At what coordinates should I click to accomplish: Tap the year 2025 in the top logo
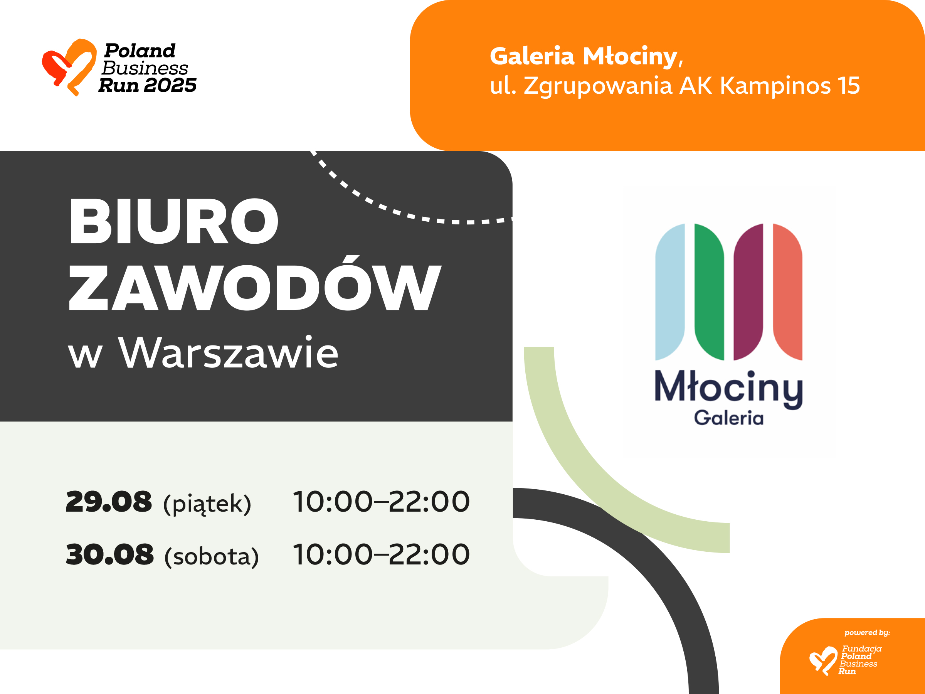[170, 85]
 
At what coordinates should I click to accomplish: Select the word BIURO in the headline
[173, 221]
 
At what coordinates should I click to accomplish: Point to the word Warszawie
[228, 352]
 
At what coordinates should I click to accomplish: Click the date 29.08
[109, 502]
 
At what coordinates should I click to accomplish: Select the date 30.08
[110, 554]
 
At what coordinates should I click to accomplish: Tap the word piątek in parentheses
[207, 504]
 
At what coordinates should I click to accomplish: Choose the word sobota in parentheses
[212, 557]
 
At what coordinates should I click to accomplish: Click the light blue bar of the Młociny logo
[670, 292]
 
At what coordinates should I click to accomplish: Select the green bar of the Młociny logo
[709, 292]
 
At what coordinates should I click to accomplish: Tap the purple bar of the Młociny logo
[748, 292]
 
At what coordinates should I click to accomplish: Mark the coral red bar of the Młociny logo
[787, 292]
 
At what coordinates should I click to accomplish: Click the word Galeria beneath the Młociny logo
[729, 418]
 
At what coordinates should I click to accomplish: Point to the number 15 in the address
[849, 85]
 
